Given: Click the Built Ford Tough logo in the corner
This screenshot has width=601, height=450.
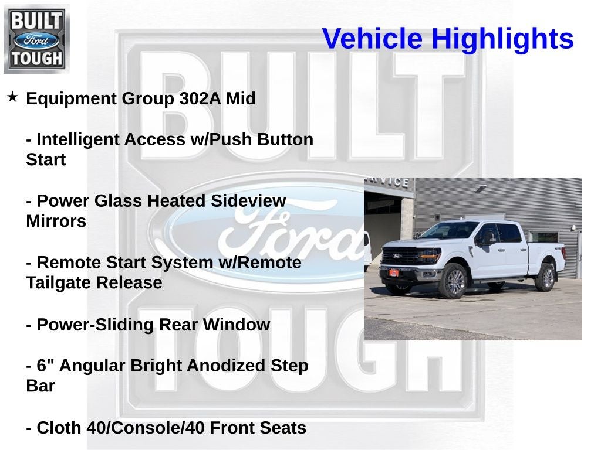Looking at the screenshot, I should (x=36, y=39).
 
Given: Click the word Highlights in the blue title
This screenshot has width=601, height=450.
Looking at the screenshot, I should (x=502, y=39).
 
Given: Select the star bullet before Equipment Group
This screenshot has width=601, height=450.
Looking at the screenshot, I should (x=12, y=96).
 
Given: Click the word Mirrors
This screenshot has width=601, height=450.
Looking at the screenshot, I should (x=56, y=221).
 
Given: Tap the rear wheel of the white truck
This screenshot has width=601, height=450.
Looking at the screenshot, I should (x=545, y=277).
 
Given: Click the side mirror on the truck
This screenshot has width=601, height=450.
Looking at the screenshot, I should (x=487, y=237).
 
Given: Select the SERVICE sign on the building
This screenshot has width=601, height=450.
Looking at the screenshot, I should (x=388, y=182).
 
